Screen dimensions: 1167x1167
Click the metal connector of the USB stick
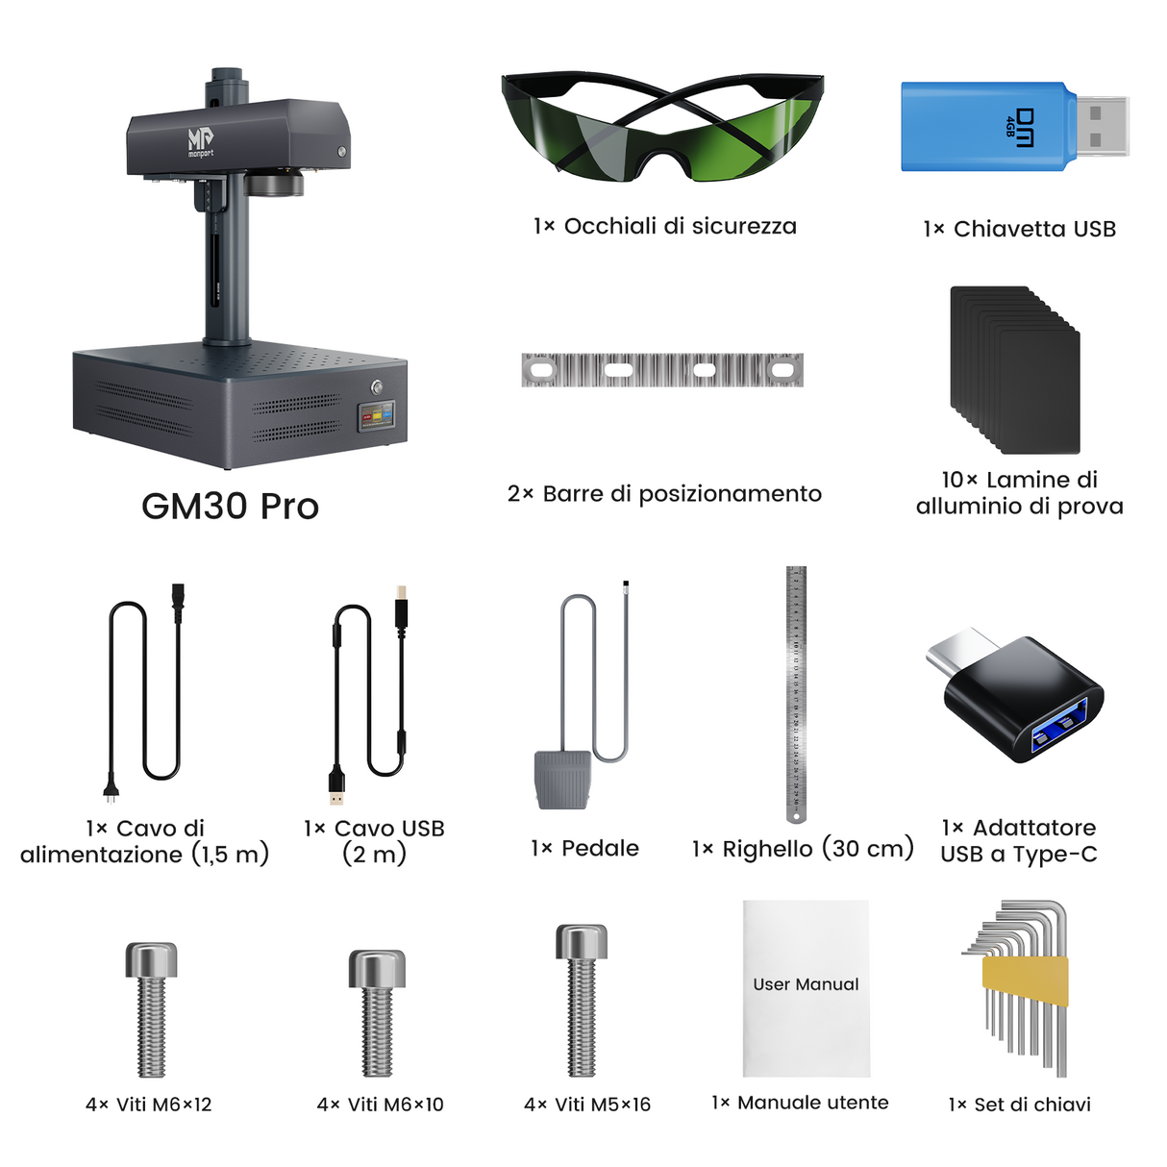point(1101,126)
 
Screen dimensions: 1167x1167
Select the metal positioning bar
point(661,370)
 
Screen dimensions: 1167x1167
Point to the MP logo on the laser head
point(201,141)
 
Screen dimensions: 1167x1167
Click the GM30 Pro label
point(230,507)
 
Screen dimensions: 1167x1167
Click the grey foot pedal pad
point(561,780)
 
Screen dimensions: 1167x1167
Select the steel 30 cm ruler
point(796,692)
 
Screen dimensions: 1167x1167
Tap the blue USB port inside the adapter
point(1056,728)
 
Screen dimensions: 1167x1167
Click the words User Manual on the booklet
point(806,984)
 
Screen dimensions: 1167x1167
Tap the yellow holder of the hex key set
point(1024,981)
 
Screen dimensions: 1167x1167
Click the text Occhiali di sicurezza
point(680,227)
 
